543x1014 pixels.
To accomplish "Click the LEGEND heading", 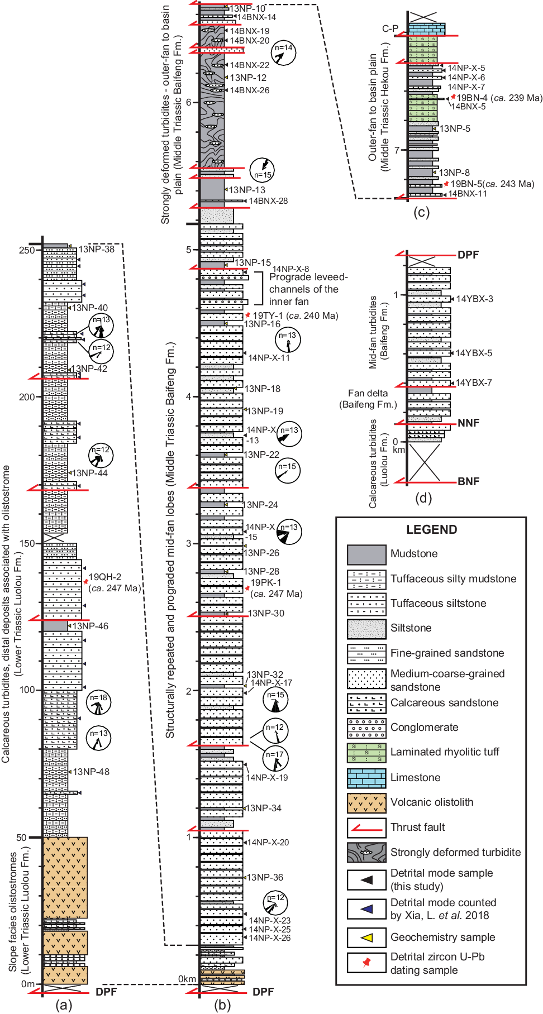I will click(x=431, y=529).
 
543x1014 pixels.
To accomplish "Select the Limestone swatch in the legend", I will click(x=366, y=778).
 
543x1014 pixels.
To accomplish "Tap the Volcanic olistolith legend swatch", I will click(x=366, y=803).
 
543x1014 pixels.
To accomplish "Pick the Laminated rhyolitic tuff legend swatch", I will click(x=366, y=753).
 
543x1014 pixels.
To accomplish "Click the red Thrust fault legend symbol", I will click(x=366, y=828).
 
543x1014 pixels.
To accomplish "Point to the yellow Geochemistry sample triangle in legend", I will click(x=366, y=938).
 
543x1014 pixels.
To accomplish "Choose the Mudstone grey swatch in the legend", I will click(x=366, y=554).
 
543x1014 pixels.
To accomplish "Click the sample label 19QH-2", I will click(x=105, y=577).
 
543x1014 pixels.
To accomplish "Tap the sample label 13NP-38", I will click(x=96, y=249).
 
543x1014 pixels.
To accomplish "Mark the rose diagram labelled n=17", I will click(x=275, y=758).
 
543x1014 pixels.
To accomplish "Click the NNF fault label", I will click(x=468, y=423).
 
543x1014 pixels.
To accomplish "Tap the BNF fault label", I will click(x=468, y=481).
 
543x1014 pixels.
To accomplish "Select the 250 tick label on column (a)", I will click(x=27, y=250).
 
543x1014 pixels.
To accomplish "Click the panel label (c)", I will click(x=421, y=212).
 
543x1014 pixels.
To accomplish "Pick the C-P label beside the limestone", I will click(x=390, y=28).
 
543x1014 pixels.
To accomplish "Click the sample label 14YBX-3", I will click(x=474, y=299).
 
